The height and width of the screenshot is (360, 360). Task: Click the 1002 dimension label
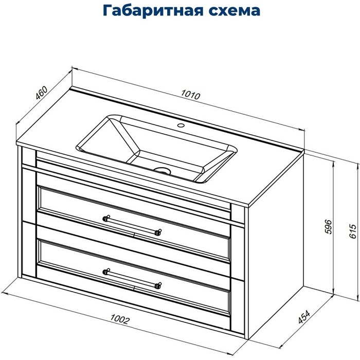tap(119, 319)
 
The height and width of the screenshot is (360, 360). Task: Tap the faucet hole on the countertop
tap(181, 125)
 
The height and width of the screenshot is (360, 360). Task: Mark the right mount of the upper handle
tap(158, 232)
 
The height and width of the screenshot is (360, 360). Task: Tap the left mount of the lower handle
tap(106, 272)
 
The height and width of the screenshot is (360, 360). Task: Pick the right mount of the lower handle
tap(157, 285)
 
